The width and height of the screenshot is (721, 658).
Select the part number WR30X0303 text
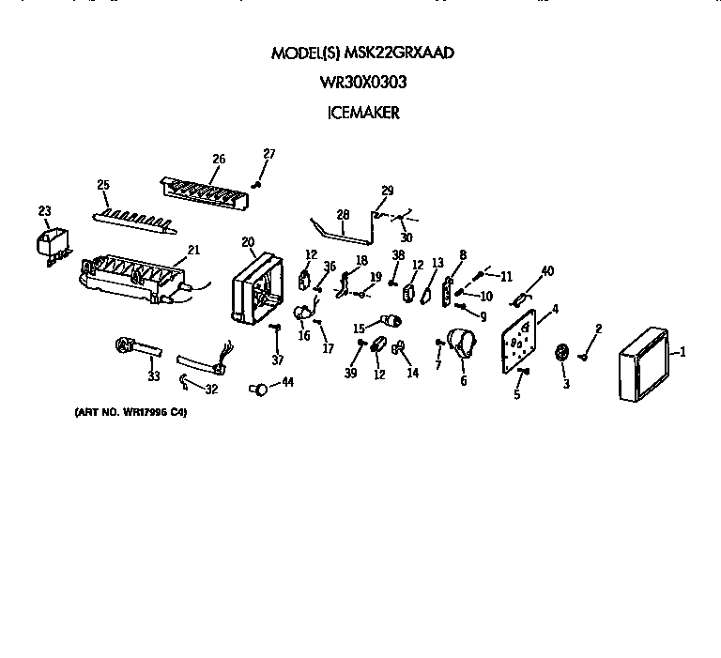(362, 83)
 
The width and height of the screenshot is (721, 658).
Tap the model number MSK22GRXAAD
(402, 53)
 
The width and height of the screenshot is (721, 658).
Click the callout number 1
(683, 352)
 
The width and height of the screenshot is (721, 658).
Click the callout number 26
(218, 159)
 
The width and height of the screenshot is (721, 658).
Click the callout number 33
(154, 376)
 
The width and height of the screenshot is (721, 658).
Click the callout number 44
(287, 383)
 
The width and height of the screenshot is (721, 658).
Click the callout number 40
(547, 272)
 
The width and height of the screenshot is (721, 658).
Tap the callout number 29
(387, 191)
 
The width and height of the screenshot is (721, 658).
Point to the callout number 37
(277, 360)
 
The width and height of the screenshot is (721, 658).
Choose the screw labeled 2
(584, 354)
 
